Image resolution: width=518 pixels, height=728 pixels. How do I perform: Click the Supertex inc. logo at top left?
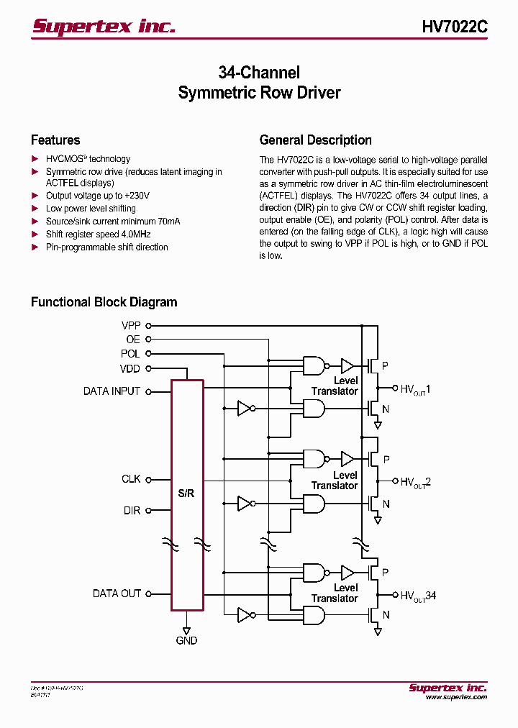pos(104,27)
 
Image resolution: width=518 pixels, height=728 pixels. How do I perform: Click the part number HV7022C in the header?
pos(454,27)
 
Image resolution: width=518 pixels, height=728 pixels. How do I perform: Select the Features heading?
pos(55,140)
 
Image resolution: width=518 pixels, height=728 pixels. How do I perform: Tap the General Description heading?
pos(315,140)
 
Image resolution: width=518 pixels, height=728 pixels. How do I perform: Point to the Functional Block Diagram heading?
pos(104,302)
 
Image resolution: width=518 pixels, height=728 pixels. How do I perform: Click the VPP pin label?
pos(131,325)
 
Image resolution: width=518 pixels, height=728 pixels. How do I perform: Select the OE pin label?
pos(133,340)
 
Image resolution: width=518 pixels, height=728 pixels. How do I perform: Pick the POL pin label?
pos(130,354)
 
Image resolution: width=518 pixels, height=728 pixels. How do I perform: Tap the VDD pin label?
pos(130,369)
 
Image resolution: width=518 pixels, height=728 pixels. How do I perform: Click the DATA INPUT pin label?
pos(112,391)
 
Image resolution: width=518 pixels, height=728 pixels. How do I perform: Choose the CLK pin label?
pos(131,479)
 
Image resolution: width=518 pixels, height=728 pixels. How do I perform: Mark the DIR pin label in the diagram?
pos(132,510)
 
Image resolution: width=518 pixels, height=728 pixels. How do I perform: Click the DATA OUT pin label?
pos(117,593)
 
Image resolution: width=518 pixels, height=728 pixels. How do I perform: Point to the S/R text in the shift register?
pos(186,493)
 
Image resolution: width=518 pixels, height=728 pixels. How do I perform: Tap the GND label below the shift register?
pos(186,640)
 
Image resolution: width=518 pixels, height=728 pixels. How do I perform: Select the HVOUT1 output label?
pos(415,388)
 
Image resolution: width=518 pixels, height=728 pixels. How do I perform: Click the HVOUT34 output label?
pos(418,596)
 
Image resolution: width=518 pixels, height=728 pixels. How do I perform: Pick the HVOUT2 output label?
pos(415,482)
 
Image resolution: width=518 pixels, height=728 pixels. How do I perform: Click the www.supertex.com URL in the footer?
pos(455,697)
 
